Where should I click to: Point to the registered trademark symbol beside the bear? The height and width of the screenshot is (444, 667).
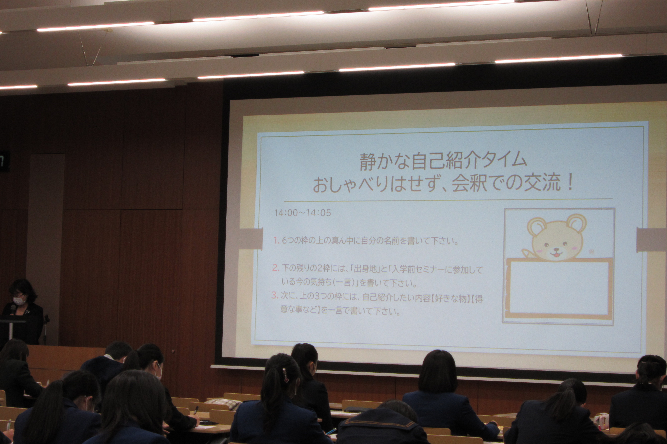pos(591,252)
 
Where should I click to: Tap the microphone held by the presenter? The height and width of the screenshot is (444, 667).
pos(13,310)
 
